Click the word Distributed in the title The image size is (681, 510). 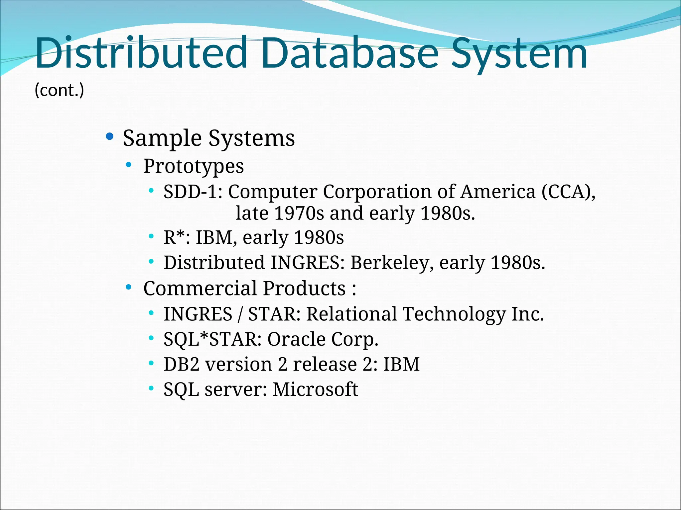click(141, 53)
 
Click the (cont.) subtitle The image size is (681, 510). click(59, 90)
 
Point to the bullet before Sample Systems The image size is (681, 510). click(109, 136)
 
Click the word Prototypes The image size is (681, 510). click(193, 166)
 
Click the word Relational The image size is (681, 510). click(351, 314)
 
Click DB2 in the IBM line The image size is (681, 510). click(181, 365)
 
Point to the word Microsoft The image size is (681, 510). click(315, 389)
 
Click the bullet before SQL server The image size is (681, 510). click(151, 388)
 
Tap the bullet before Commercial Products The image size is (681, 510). click(129, 287)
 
